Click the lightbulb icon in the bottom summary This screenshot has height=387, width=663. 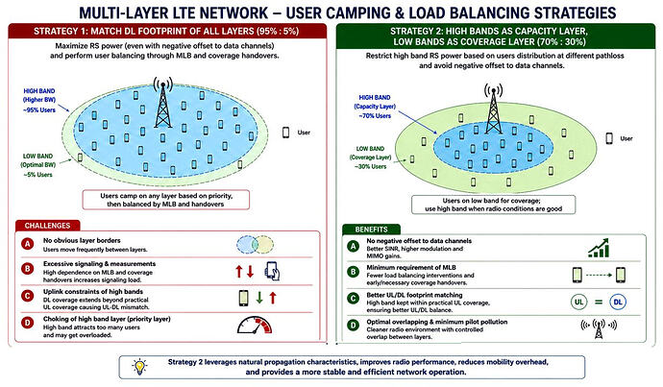tap(139, 367)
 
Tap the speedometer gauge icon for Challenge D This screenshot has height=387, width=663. tap(255, 326)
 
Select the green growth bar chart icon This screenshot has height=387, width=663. tap(599, 248)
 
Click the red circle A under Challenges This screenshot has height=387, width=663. tap(28, 244)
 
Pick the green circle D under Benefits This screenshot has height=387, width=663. tap(353, 326)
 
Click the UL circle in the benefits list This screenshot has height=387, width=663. tap(578, 302)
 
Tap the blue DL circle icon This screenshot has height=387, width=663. tap(618, 302)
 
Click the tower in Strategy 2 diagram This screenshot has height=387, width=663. tap(494, 109)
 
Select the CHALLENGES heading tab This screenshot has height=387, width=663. tap(47, 226)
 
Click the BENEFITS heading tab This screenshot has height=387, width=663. tap(371, 230)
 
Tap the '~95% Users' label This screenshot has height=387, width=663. tap(39, 109)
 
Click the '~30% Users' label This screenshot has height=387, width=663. tap(370, 166)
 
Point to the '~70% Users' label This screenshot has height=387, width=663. tap(375, 116)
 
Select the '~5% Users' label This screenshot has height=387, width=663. tap(38, 175)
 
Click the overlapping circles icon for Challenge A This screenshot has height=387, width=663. tap(255, 245)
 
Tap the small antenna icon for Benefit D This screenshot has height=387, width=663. tap(599, 328)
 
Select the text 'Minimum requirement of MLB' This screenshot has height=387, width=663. tap(411, 267)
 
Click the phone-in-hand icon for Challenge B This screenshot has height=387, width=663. tap(272, 271)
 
